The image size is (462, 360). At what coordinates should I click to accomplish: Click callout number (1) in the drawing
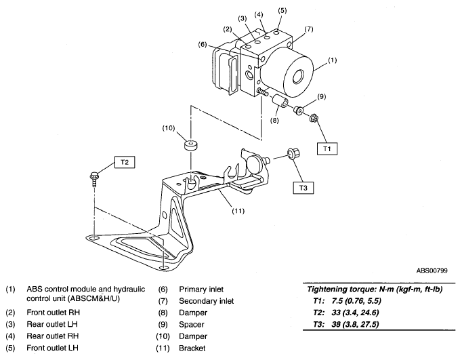[331, 61]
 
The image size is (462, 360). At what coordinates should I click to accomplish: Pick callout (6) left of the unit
[202, 45]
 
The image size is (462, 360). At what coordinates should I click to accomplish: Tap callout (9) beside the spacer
[321, 96]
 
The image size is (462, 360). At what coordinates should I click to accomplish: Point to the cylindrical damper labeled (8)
[278, 105]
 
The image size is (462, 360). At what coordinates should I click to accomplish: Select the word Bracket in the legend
[193, 349]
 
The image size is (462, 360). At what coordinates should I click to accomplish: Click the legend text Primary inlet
[201, 288]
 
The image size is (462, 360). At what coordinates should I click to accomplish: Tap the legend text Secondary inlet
[205, 300]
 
